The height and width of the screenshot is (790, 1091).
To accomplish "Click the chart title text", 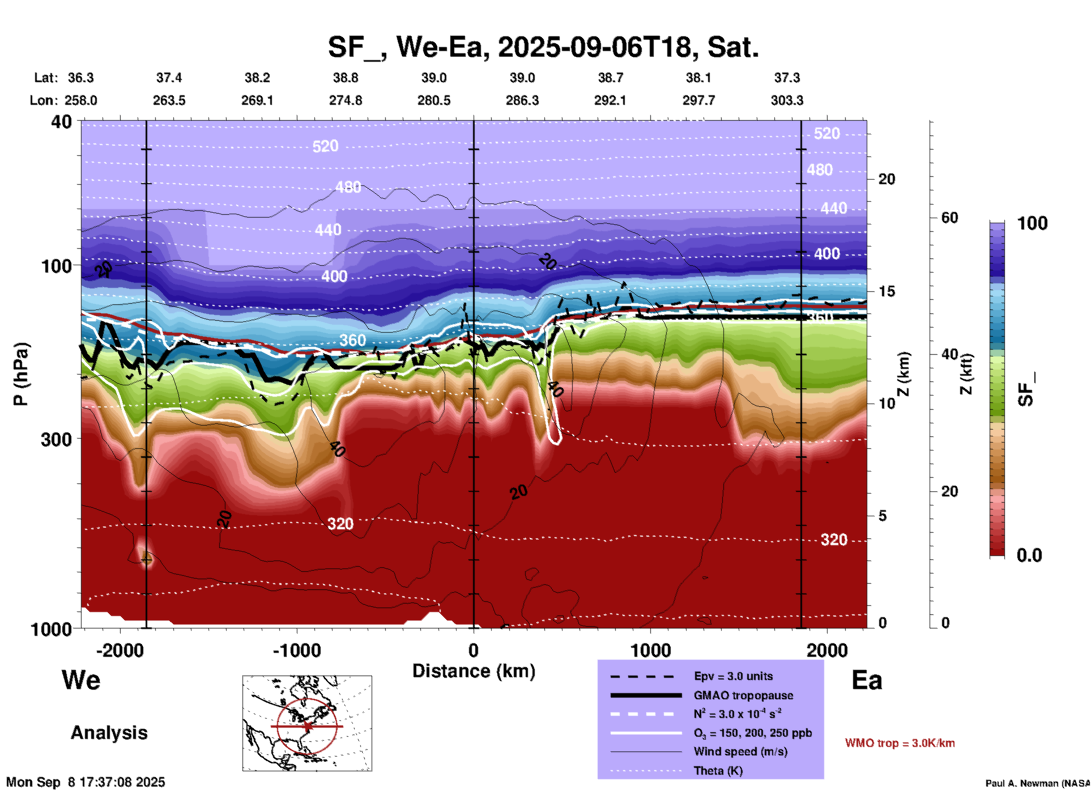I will click(543, 47).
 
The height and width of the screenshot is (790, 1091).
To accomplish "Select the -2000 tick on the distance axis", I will click(120, 650).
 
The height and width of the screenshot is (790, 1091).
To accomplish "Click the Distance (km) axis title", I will click(474, 671).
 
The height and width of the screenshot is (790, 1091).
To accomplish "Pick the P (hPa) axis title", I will click(21, 374).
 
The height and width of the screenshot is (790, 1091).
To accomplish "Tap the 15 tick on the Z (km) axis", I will click(887, 291).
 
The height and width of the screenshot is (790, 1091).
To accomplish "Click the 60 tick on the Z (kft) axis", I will click(949, 218).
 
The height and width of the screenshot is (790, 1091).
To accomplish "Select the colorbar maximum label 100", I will click(1032, 223).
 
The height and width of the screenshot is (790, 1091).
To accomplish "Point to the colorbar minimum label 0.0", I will click(1029, 555).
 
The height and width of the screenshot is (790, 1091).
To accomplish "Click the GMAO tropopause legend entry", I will click(743, 695).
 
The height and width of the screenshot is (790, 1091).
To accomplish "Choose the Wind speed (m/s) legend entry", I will click(732, 751).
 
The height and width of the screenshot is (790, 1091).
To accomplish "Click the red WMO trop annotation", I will click(900, 743).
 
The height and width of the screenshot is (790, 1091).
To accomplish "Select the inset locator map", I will click(307, 723).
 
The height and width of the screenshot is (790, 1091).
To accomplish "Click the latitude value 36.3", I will click(80, 78).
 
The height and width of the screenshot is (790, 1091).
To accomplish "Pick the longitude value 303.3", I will click(787, 100).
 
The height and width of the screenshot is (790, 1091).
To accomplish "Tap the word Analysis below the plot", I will click(109, 733).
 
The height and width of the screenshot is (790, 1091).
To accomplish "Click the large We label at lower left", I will click(81, 679).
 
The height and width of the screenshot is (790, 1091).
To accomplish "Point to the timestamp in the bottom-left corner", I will click(86, 782).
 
